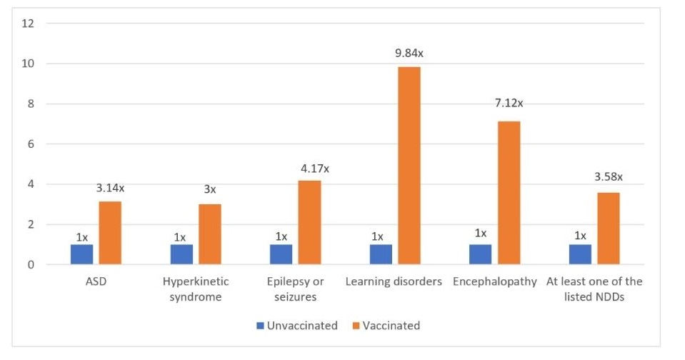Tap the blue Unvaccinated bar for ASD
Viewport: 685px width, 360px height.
(81, 254)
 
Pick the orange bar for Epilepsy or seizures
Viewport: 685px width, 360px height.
(309, 222)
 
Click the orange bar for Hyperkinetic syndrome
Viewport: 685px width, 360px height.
(209, 234)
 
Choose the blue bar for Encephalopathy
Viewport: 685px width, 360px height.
(481, 254)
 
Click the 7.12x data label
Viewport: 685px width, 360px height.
(509, 103)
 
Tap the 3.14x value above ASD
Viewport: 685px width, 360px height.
(110, 188)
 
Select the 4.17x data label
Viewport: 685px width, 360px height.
(314, 169)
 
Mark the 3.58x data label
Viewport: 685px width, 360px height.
(608, 176)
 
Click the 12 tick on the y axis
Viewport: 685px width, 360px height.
(29, 23)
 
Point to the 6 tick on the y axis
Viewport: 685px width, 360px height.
(31, 144)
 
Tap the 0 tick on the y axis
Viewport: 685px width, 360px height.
(31, 265)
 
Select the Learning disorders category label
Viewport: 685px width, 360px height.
(394, 281)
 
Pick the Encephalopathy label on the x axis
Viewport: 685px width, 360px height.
(494, 281)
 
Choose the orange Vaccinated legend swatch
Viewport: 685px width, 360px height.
(356, 326)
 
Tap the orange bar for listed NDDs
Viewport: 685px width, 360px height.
(609, 229)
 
